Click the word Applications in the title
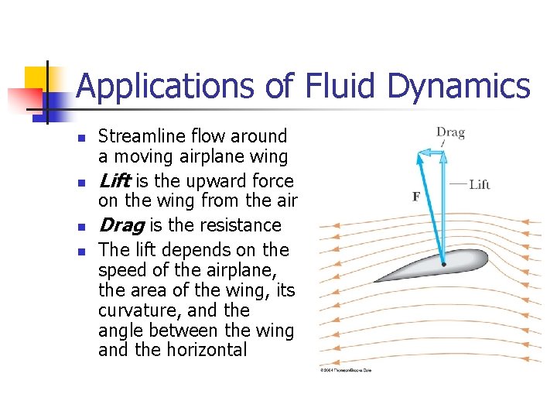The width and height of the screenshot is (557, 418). click(x=166, y=87)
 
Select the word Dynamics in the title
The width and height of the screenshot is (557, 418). click(x=459, y=87)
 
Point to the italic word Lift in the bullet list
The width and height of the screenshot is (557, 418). click(x=114, y=181)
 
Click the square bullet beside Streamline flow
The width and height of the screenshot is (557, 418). click(x=79, y=138)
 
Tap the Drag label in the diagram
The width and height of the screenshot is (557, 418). click(x=450, y=132)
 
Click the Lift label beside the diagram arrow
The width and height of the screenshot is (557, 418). click(x=480, y=184)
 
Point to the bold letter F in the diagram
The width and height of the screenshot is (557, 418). click(x=416, y=197)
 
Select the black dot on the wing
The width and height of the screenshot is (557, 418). click(x=443, y=263)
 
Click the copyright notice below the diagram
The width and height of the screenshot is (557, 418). click(x=346, y=371)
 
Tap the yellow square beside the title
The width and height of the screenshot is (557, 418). click(x=36, y=77)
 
